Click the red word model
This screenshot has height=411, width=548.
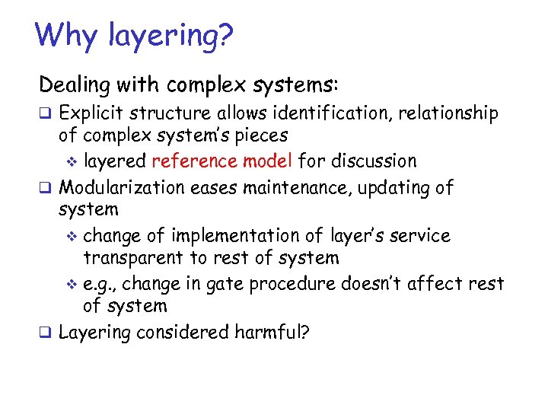coord(272,161)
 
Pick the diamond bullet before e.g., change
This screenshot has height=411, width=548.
coord(73,285)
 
